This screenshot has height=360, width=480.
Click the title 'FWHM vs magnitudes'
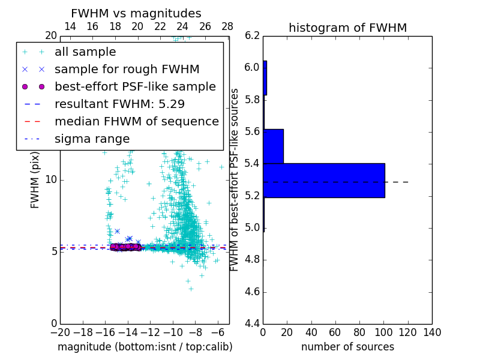[136, 13]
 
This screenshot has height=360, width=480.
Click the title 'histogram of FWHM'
[347, 28]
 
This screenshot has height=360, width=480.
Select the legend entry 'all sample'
[85, 52]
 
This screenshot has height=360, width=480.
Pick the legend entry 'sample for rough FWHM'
[127, 69]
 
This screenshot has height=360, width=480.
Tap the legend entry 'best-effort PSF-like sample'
[135, 86]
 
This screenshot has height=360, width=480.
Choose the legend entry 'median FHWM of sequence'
[136, 121]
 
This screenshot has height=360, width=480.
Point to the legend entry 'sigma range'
[92, 139]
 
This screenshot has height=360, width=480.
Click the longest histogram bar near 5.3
[324, 180]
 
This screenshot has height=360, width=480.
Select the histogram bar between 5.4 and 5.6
[273, 146]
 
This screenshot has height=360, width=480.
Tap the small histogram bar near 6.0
[265, 77]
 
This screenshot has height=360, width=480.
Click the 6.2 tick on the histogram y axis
[252, 35]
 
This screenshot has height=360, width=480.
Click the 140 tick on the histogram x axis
[432, 332]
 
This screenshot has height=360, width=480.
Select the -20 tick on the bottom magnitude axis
[60, 332]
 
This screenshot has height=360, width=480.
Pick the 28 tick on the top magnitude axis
[227, 26]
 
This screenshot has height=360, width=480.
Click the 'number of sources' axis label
[347, 347]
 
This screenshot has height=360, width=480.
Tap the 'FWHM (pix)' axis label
[35, 180]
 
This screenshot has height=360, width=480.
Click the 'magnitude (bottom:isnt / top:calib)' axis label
[145, 347]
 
